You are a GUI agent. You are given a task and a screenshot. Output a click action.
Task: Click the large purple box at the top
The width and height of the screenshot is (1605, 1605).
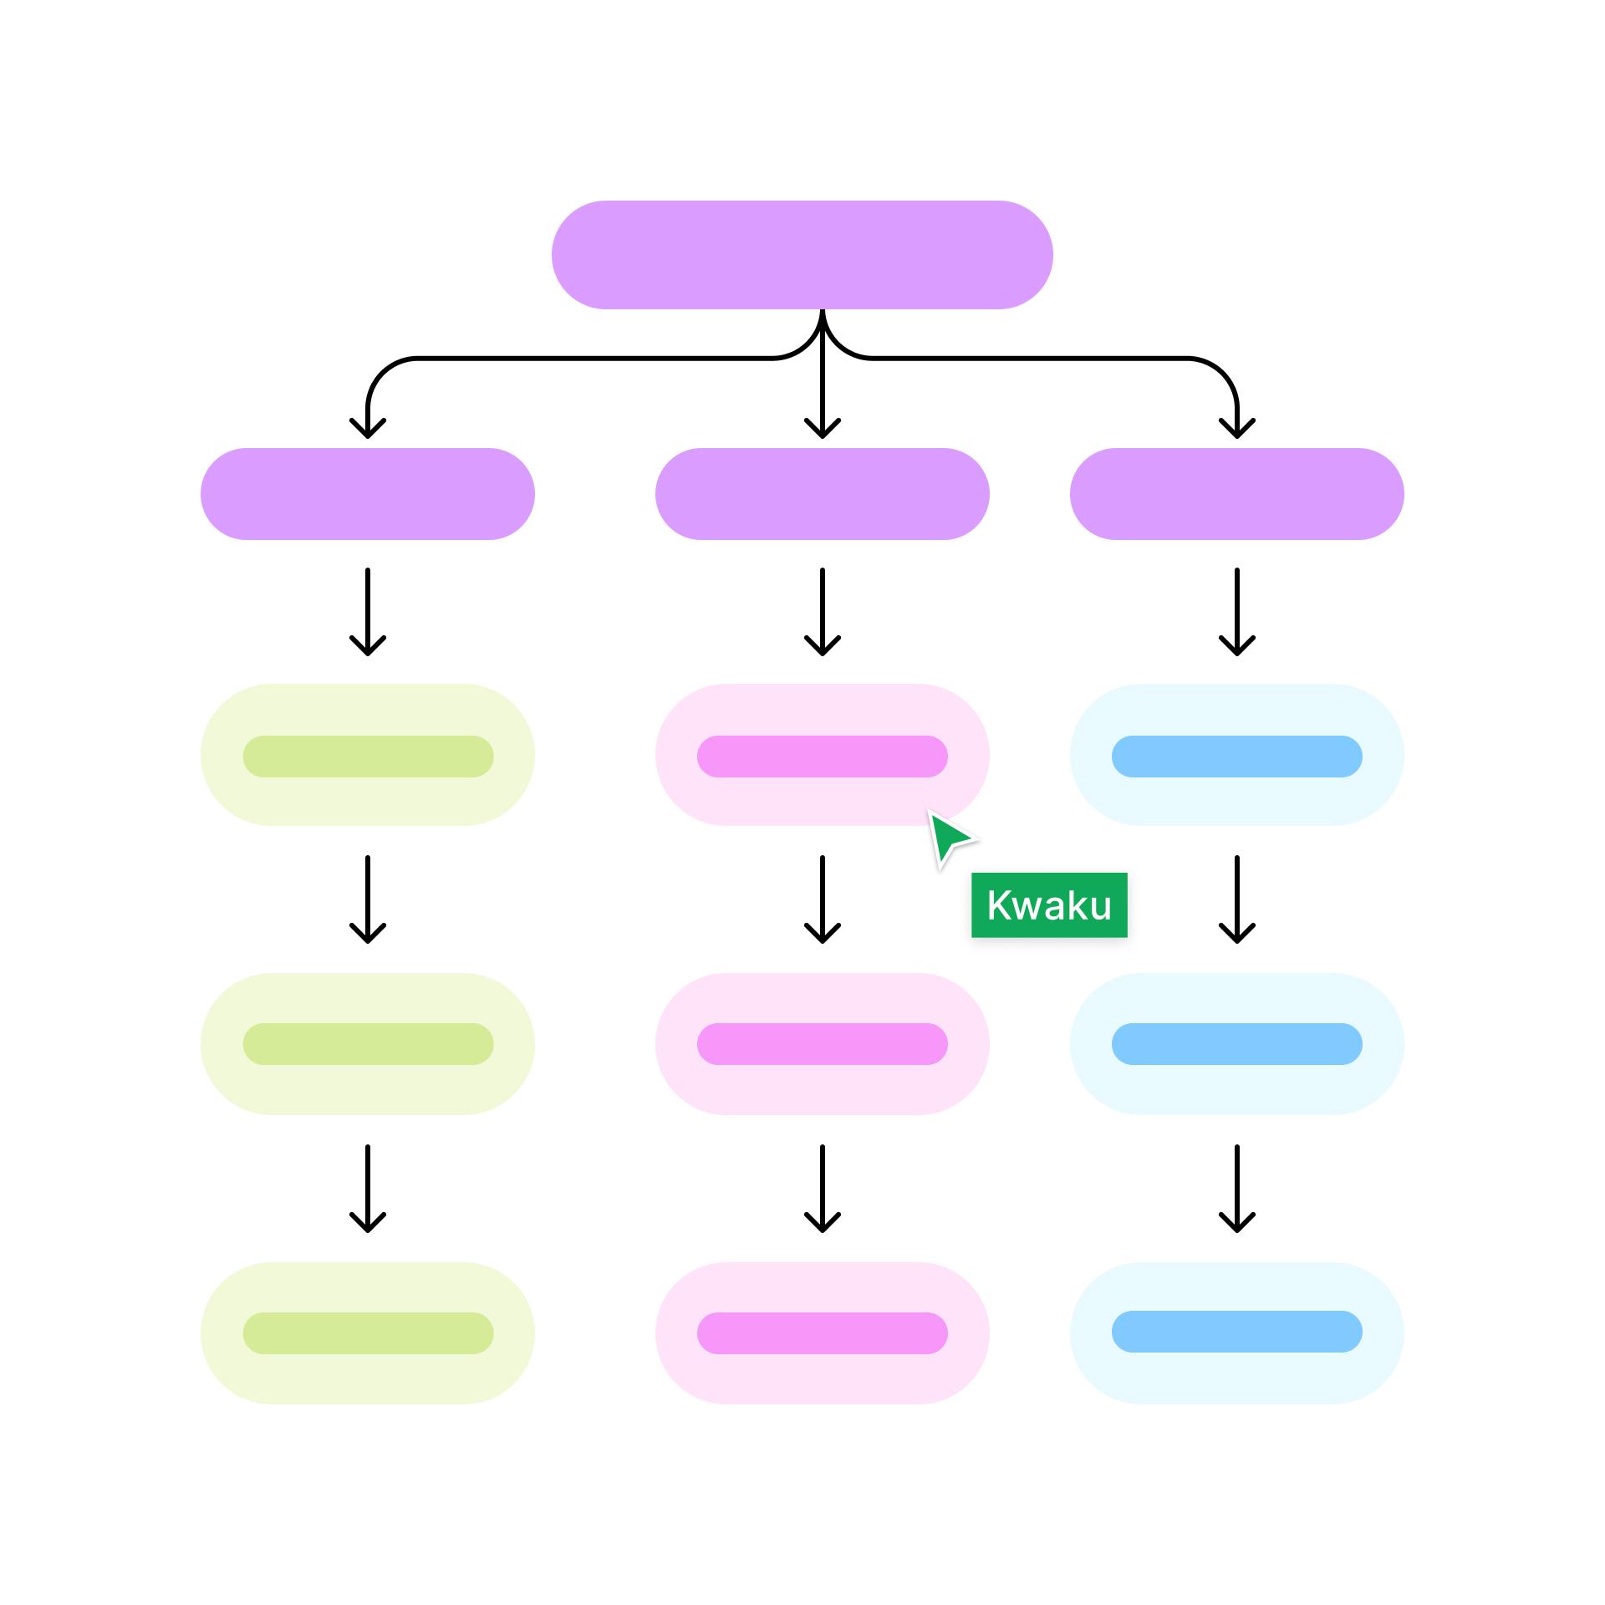click(x=802, y=255)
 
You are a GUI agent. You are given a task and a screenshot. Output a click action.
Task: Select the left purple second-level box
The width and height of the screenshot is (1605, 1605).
click(x=367, y=494)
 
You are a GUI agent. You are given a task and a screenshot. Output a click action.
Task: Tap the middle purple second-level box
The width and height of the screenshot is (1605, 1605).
click(x=822, y=494)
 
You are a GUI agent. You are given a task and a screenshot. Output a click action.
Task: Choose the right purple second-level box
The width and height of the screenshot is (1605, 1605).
click(x=1236, y=494)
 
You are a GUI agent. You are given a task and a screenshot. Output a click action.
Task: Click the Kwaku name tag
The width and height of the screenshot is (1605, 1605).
click(x=1048, y=905)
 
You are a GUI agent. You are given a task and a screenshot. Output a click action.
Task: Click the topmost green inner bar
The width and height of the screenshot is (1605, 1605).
click(x=368, y=757)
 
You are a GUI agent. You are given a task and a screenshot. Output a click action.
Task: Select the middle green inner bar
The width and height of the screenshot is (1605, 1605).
click(x=368, y=1044)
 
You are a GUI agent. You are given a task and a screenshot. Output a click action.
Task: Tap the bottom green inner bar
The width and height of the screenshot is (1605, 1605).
click(x=368, y=1333)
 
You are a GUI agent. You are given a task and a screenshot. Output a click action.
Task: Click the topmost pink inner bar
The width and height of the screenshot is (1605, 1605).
click(x=822, y=757)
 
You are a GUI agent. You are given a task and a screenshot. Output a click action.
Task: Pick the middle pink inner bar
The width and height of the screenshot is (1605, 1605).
click(x=822, y=1044)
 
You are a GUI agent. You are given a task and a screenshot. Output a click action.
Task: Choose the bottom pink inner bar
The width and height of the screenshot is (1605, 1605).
click(x=822, y=1333)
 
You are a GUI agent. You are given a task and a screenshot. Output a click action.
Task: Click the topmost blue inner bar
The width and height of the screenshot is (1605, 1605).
click(x=1236, y=757)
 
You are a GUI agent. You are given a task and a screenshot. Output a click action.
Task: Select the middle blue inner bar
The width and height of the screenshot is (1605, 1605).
click(x=1236, y=1044)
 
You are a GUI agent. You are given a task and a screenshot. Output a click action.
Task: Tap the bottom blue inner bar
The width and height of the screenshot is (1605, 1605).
click(x=1236, y=1332)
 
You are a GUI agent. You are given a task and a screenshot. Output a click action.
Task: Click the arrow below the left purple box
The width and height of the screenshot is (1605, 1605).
click(x=368, y=612)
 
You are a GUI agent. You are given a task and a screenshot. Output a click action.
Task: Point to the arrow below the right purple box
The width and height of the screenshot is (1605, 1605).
click(x=1236, y=612)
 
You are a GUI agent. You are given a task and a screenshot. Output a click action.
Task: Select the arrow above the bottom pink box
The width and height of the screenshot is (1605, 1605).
click(x=822, y=1189)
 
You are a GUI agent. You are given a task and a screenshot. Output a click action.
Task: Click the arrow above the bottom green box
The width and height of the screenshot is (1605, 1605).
click(x=368, y=1189)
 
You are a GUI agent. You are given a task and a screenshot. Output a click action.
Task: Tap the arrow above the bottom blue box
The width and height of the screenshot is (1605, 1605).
click(x=1236, y=1189)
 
